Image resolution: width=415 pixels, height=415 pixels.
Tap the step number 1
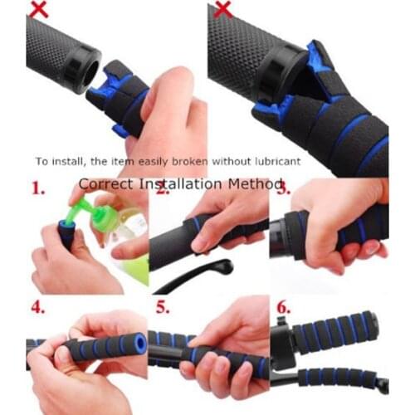coord(37,189)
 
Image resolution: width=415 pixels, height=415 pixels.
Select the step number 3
coord(284,189)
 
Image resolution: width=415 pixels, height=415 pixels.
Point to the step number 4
coord(37,306)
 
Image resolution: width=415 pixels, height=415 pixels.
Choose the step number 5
coord(164,306)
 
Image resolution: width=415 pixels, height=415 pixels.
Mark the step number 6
coord(284,306)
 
